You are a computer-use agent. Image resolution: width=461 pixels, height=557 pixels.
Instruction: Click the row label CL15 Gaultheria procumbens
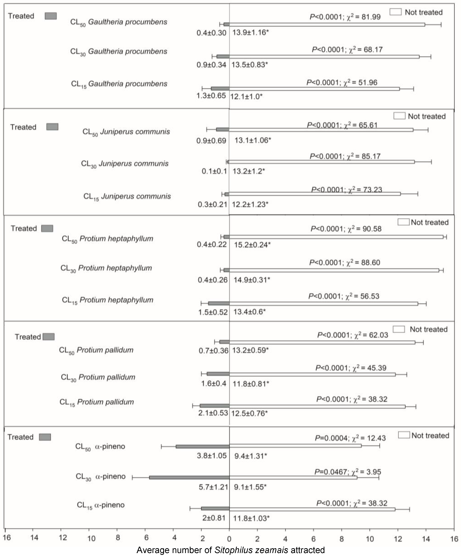point(119,84)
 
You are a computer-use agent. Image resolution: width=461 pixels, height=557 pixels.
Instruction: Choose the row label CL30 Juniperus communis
point(125,164)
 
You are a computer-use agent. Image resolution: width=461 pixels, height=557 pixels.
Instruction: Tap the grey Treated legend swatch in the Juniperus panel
point(52,127)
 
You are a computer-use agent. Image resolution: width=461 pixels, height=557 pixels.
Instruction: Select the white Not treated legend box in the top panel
point(395,12)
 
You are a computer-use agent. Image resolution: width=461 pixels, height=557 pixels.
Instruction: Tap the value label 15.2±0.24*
point(252,245)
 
